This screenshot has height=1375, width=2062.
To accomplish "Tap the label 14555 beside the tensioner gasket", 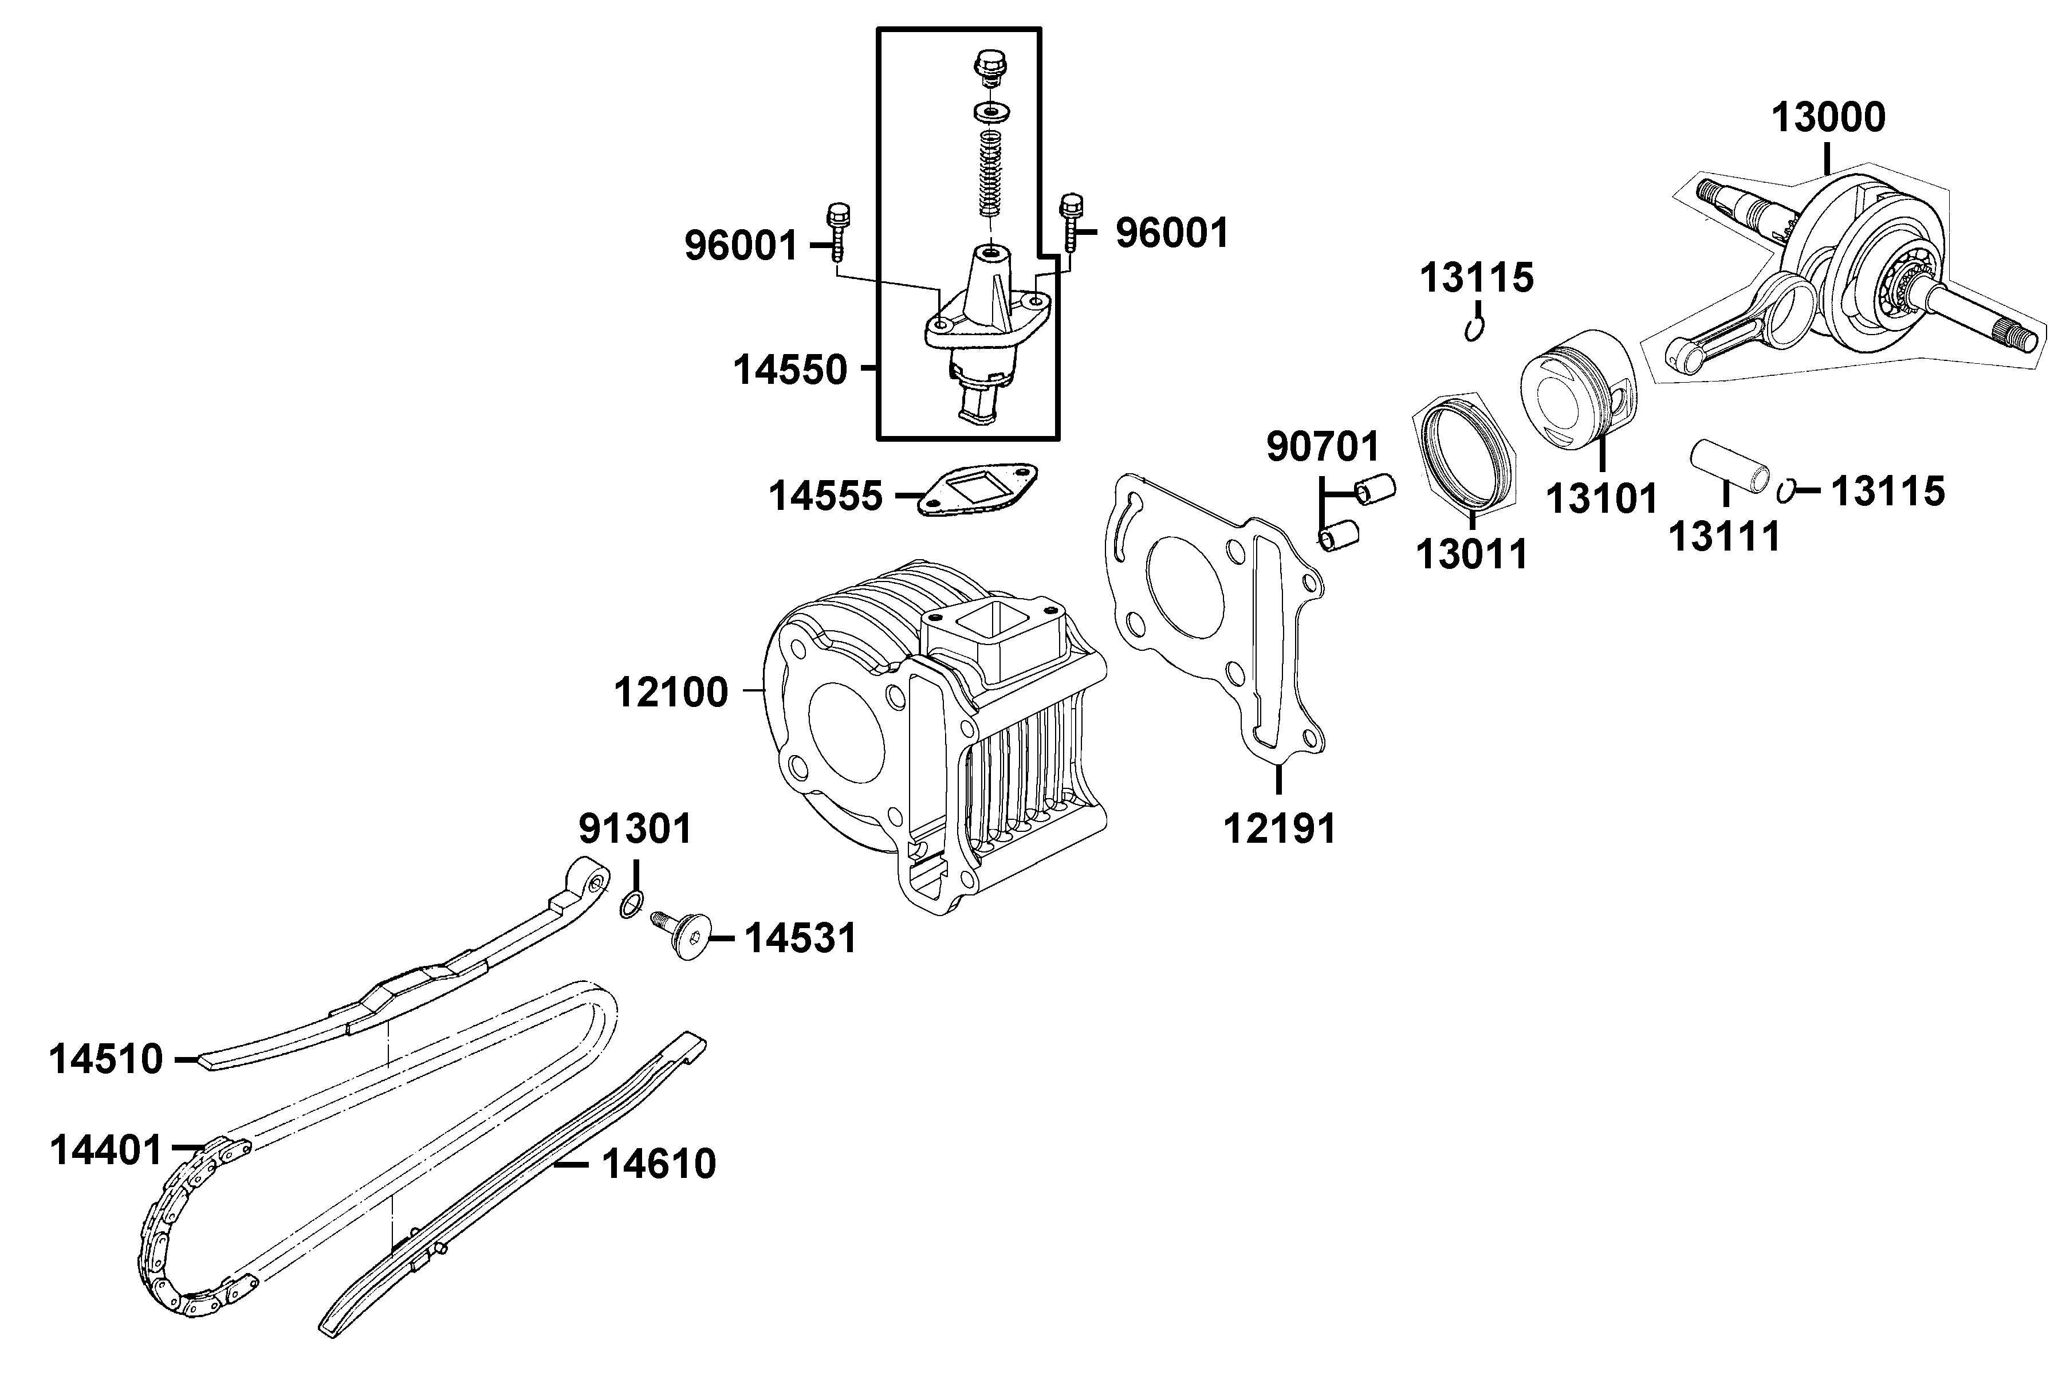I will [x=825, y=496].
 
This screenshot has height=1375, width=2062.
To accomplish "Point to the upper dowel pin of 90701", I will [x=1375, y=489].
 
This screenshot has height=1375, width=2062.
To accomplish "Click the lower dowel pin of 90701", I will [x=1340, y=535].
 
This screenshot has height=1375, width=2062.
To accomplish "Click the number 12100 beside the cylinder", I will [x=671, y=693].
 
